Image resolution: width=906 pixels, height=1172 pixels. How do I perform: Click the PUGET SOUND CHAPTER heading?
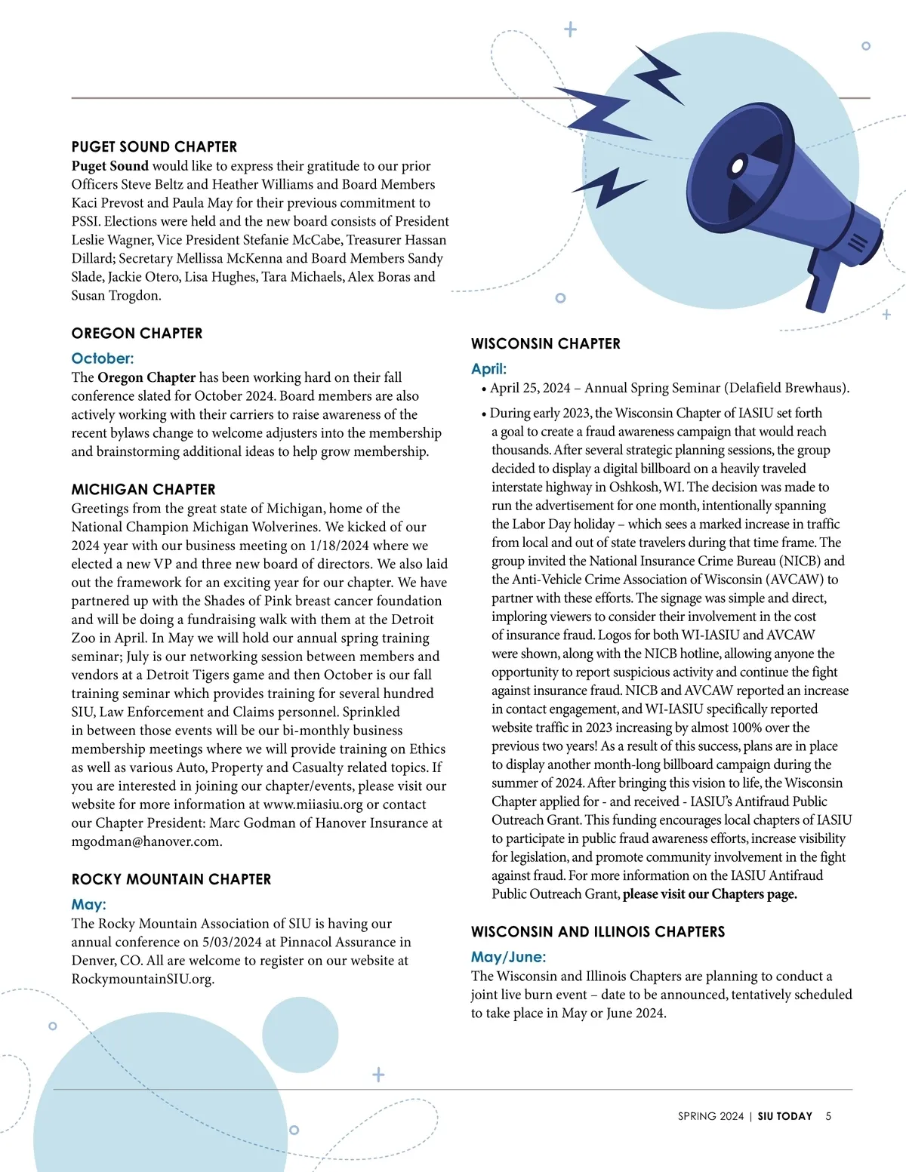tap(154, 147)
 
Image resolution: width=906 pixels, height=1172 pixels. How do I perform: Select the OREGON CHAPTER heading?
tap(137, 334)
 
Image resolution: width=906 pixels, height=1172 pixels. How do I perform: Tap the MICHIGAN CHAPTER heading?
tap(143, 490)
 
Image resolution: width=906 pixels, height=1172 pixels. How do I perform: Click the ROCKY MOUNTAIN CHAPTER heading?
tap(171, 879)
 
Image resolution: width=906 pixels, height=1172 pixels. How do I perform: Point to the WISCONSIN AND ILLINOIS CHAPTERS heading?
tap(597, 932)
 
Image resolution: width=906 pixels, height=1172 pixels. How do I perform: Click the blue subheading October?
tap(102, 358)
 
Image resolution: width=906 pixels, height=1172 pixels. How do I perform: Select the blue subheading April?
tap(488, 369)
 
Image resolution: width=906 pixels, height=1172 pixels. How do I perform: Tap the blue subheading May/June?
tap(508, 957)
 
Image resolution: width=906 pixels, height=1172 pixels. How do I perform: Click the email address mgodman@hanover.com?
tap(146, 841)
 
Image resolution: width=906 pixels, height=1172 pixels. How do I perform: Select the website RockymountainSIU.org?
tap(142, 980)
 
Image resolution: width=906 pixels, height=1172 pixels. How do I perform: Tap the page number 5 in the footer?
tap(828, 1116)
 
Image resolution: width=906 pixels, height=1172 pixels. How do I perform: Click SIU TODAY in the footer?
tap(784, 1116)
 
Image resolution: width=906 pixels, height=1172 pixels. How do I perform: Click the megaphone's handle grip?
tap(818, 286)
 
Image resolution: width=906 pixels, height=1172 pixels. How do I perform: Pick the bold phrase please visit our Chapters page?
tap(710, 894)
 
